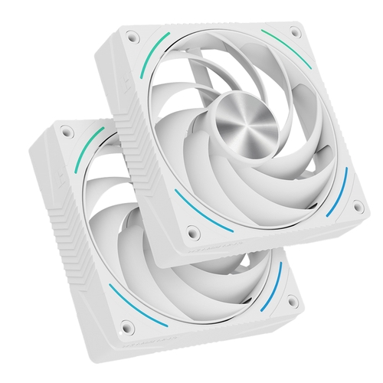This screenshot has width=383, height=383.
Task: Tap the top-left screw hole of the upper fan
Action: click(133, 35)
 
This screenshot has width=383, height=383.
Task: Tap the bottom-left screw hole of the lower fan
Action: click(128, 328)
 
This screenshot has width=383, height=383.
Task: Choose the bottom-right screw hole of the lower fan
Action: click(292, 303)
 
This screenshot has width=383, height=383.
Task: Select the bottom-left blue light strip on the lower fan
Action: click(128, 303)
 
